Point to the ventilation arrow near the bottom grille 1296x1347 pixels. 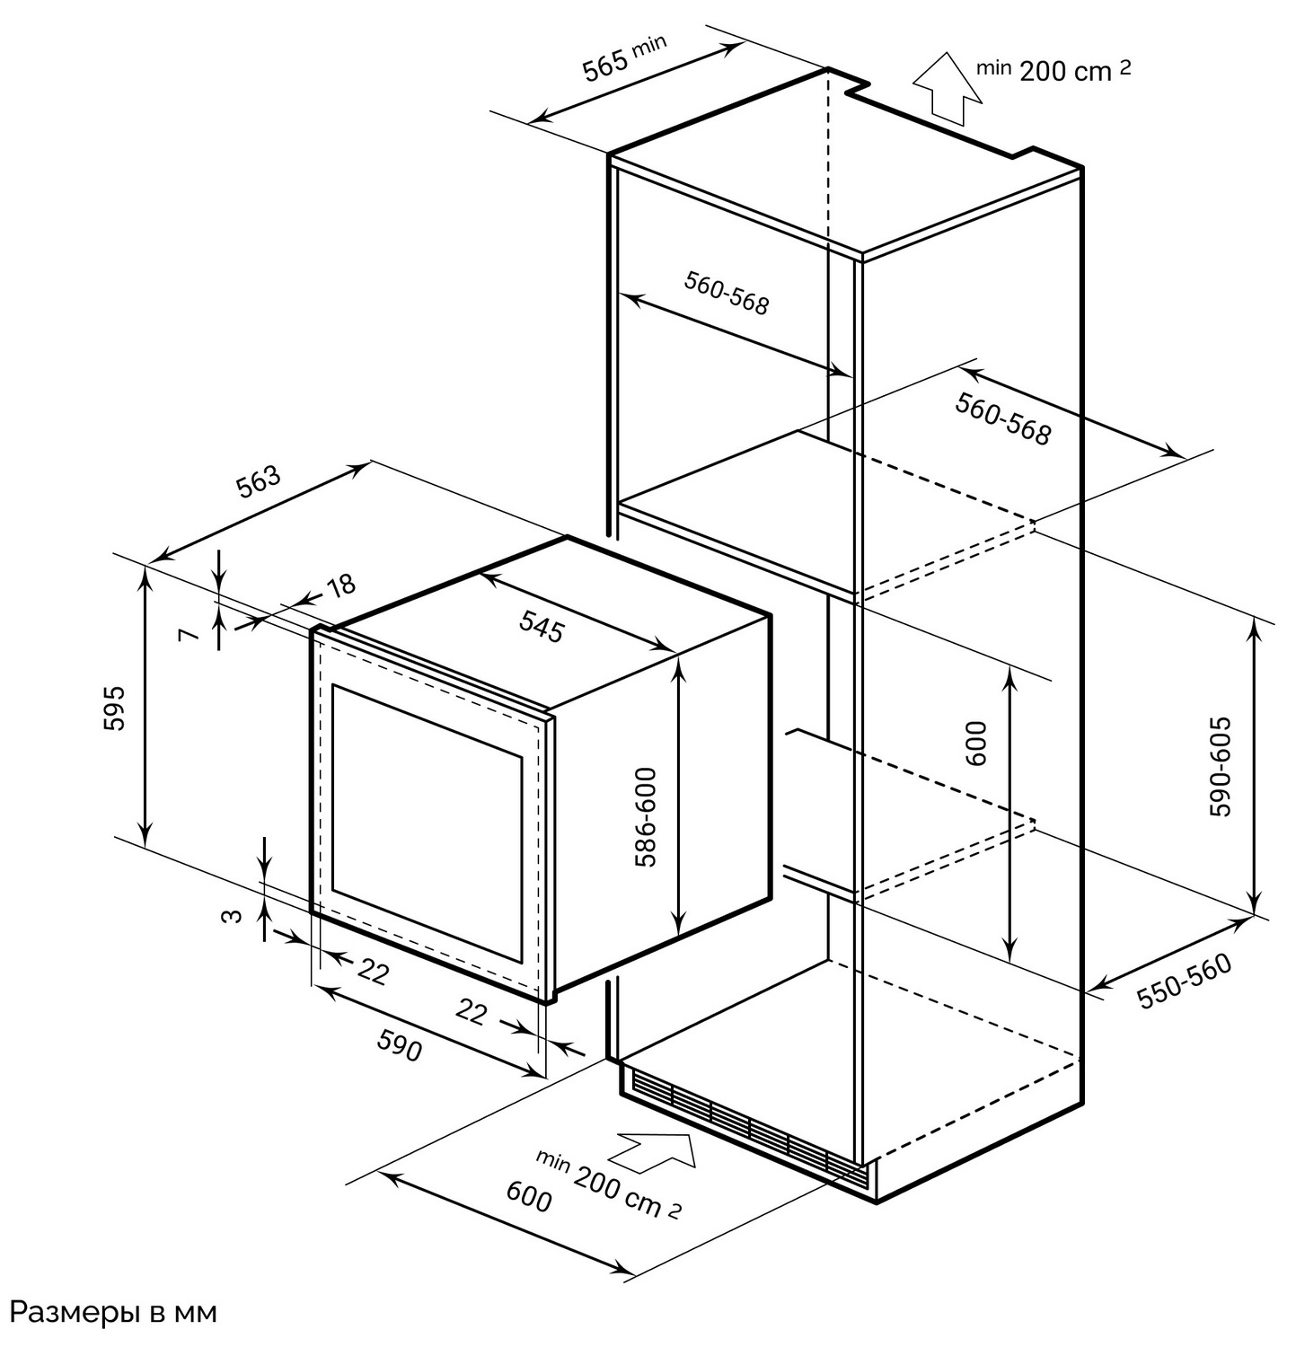click(x=655, y=1150)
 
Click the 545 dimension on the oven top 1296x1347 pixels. click(x=541, y=626)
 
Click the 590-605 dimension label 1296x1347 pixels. click(x=1221, y=766)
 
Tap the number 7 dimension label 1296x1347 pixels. click(x=187, y=635)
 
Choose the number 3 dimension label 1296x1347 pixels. click(x=232, y=916)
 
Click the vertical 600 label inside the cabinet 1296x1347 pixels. click(x=978, y=742)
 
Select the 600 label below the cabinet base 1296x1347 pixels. click(x=529, y=1197)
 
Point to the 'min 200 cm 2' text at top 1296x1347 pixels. click(x=1054, y=69)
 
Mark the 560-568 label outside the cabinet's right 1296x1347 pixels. click(x=1001, y=419)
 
